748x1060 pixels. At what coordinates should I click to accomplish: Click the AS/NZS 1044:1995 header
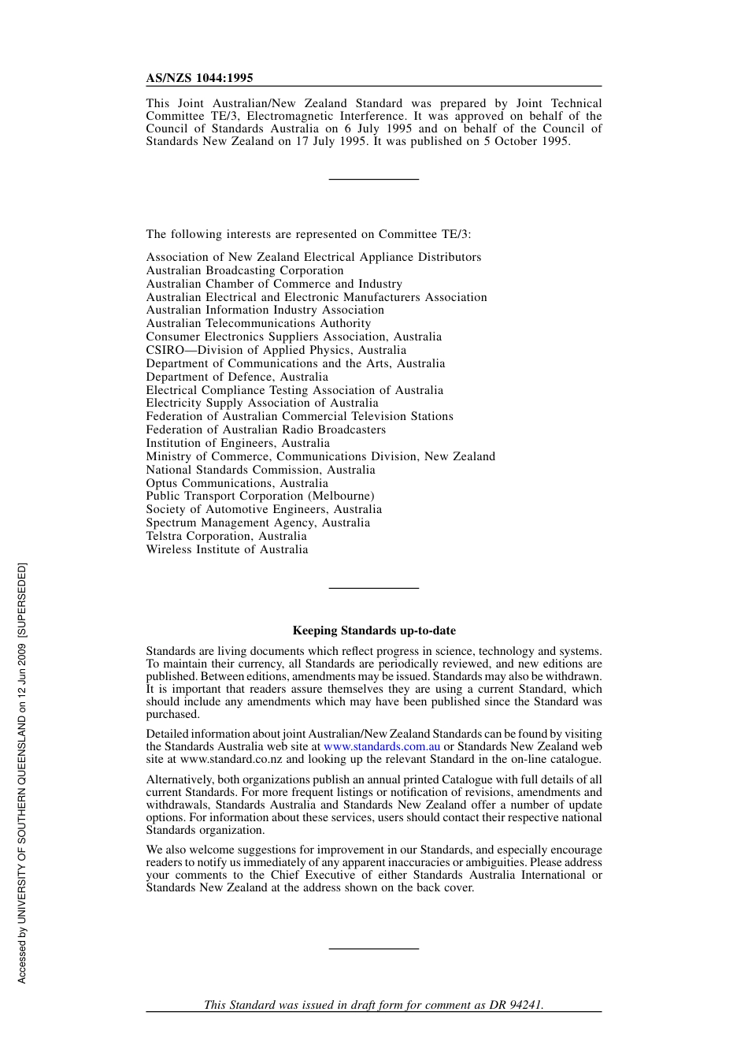(199, 78)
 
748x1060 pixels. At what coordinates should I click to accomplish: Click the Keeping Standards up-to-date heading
(374, 630)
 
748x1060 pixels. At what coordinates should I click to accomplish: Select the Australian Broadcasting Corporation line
(245, 270)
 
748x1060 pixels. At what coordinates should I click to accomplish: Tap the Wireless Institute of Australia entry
(227, 549)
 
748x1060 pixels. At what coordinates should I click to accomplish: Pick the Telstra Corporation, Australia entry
(226, 536)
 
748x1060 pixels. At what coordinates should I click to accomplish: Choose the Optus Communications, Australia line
(237, 483)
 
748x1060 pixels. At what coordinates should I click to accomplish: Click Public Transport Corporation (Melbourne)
(260, 496)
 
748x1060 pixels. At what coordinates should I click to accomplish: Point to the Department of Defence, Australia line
(237, 377)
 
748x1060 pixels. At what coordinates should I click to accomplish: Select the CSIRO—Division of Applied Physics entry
(276, 350)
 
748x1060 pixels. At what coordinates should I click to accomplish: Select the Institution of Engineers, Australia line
(238, 443)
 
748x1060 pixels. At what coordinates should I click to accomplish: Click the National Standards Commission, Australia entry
(261, 470)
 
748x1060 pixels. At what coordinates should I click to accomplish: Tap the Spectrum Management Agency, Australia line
(257, 523)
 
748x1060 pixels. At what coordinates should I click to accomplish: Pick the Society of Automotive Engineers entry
(264, 509)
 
